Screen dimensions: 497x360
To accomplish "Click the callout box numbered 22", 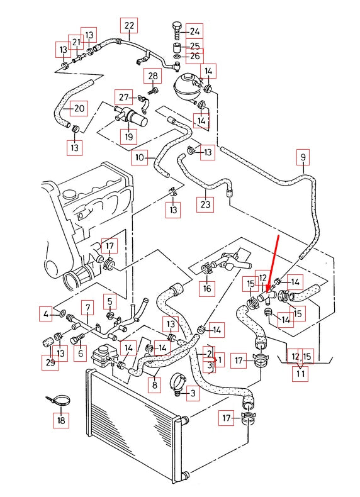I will point(129,26).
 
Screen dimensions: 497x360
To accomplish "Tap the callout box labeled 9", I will point(303,157).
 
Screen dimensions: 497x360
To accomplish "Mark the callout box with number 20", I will point(78,108).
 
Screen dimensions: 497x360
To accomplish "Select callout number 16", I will point(206,289).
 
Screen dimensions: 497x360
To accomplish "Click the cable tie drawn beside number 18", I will point(58,400).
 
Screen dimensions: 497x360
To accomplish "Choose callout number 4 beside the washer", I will point(46,313).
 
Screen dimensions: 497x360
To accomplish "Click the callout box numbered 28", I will point(152,77).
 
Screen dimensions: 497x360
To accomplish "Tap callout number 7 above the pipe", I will point(88,308).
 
